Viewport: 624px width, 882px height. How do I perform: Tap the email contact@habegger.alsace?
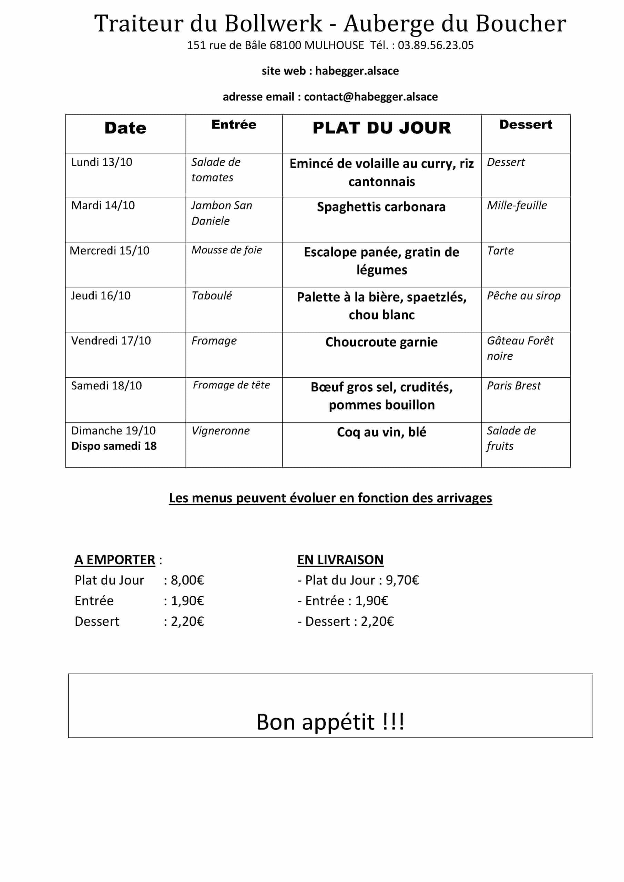(x=371, y=96)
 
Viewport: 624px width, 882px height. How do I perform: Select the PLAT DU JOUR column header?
(x=381, y=128)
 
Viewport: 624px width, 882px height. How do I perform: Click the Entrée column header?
(x=234, y=124)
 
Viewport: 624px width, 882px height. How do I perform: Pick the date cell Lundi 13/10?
(x=102, y=162)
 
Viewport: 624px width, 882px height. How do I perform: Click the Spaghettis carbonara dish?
(x=381, y=207)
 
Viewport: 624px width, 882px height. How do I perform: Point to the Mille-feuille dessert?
(x=517, y=206)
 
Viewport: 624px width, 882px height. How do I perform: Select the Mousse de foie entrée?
(x=227, y=250)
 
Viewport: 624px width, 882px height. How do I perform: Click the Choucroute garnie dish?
(x=381, y=342)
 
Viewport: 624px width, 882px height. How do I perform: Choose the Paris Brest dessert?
(x=514, y=385)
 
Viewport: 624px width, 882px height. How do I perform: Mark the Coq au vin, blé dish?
(x=381, y=432)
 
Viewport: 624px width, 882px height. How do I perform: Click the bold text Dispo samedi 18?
(x=114, y=446)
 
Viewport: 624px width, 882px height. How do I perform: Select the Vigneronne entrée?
(x=221, y=431)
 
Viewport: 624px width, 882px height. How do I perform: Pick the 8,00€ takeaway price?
(x=187, y=580)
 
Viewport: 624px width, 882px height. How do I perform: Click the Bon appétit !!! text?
(x=330, y=722)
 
